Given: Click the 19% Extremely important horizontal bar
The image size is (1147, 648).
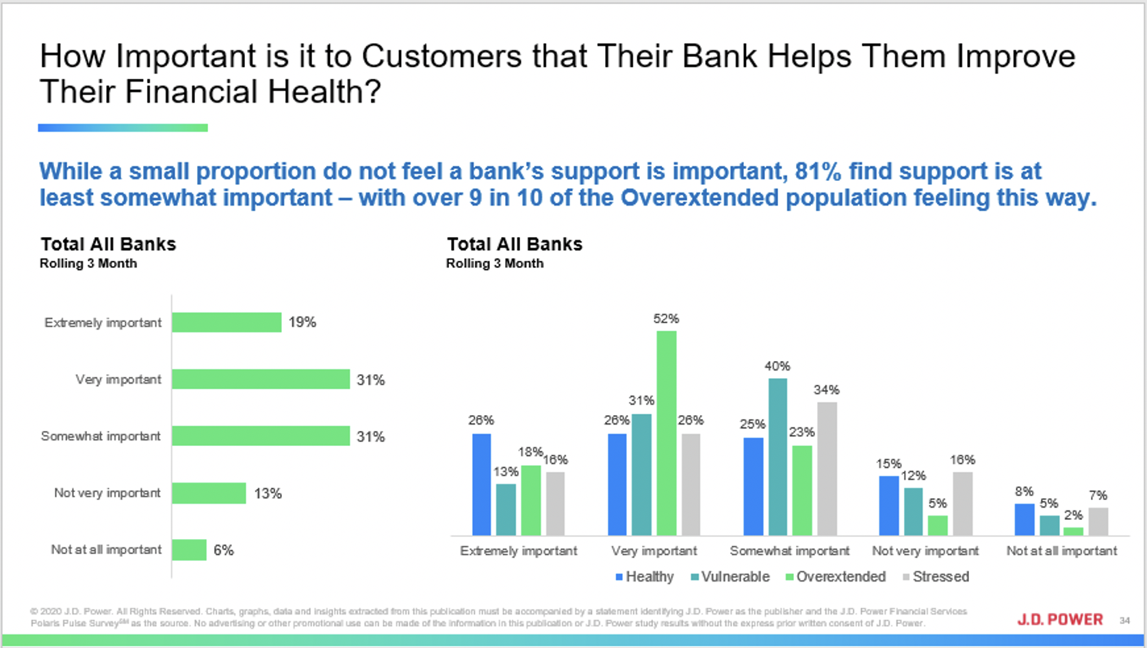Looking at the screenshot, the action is (227, 323).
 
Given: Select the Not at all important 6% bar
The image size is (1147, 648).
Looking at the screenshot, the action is (190, 550).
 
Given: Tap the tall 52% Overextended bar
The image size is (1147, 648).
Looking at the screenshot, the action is (666, 433).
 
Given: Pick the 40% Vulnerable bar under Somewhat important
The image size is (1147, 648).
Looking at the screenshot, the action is (778, 458).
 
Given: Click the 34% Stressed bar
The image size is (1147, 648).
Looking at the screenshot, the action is (827, 469).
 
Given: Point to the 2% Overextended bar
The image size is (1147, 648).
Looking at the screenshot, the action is (1073, 532).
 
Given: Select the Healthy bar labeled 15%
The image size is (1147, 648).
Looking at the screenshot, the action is (889, 506).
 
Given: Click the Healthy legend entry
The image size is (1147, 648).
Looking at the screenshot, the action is (645, 577).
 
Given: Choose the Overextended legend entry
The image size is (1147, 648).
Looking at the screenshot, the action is (836, 577).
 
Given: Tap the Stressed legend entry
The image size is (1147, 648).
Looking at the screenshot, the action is (936, 577).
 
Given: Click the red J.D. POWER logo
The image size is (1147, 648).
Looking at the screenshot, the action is (1060, 619).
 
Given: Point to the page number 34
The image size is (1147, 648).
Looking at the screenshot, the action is (1124, 621).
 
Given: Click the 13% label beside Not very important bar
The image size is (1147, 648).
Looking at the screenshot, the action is (268, 494).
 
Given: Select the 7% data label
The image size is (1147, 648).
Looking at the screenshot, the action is (1098, 496).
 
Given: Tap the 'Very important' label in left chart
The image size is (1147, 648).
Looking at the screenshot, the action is (118, 379).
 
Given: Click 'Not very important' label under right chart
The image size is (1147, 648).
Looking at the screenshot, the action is (925, 551).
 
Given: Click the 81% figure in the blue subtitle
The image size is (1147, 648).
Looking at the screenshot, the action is (818, 171).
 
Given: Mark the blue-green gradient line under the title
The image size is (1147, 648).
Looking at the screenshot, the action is (123, 127).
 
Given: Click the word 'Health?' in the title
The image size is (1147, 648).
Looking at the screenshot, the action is (324, 92).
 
